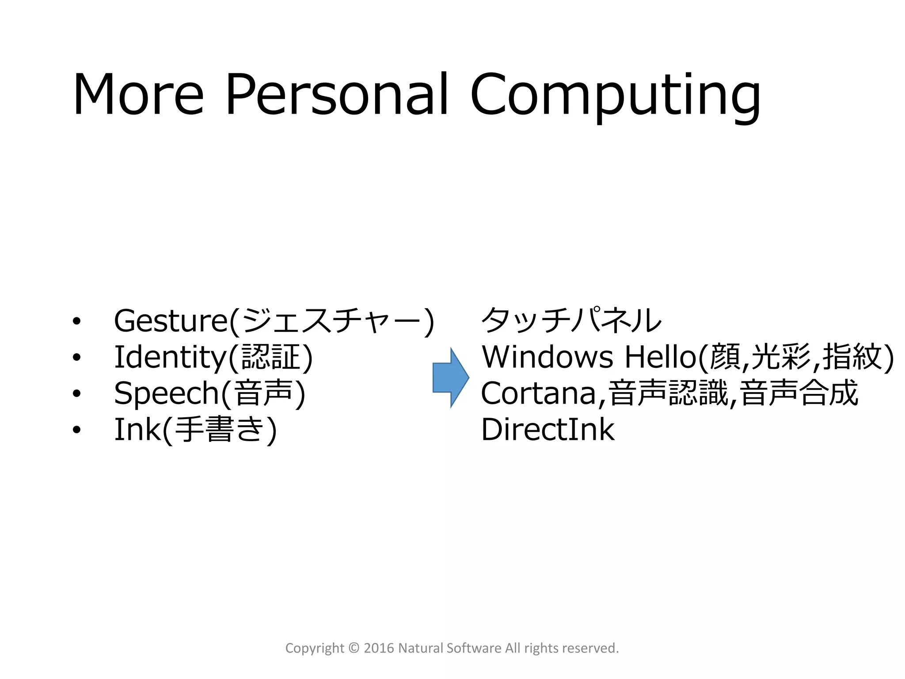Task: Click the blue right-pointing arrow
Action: point(450,378)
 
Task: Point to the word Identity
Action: point(170,358)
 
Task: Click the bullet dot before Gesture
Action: point(77,321)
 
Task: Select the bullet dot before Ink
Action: point(77,430)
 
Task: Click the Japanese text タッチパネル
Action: point(571,320)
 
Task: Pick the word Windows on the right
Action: point(547,357)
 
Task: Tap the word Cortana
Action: point(538,393)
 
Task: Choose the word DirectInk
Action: point(548,430)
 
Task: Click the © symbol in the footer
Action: point(354,648)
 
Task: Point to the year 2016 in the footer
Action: point(379,648)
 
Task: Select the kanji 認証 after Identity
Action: point(271,357)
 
